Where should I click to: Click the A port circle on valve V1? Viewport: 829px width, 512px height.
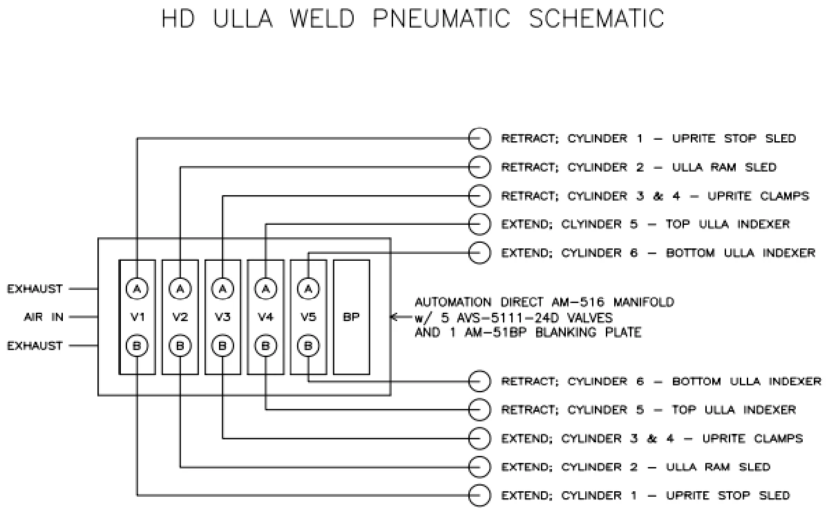[x=137, y=289]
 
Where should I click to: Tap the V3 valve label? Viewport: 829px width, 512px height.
[x=222, y=318]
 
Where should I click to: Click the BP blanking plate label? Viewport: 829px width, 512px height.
[x=351, y=318]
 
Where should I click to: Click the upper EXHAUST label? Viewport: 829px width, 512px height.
[x=35, y=289]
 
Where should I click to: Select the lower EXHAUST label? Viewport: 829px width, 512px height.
[x=35, y=346]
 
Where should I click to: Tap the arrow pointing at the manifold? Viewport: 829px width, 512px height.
[x=396, y=318]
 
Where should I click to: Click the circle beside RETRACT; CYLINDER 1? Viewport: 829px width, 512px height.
[x=479, y=138]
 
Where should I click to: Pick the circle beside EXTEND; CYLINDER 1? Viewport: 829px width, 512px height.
[x=479, y=495]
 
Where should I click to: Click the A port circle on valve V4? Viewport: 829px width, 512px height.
[x=266, y=289]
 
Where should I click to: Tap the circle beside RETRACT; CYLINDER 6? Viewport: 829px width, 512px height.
[x=479, y=381]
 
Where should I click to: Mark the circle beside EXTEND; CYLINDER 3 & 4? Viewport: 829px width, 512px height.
[x=479, y=438]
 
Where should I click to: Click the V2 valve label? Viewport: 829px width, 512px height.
[x=180, y=318]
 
